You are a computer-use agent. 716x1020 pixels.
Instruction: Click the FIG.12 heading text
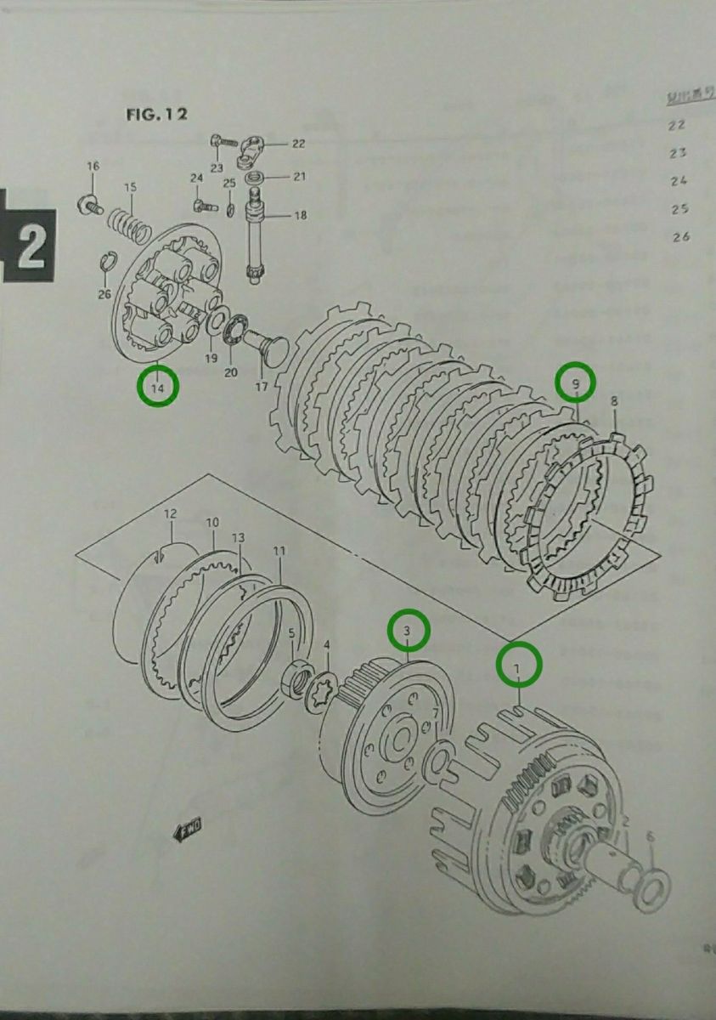[156, 115]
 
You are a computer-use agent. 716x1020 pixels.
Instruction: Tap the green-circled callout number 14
[157, 388]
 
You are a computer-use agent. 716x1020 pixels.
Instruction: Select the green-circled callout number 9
[576, 384]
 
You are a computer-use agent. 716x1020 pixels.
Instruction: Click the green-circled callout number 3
[409, 631]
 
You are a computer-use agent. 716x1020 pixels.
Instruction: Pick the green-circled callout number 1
[518, 664]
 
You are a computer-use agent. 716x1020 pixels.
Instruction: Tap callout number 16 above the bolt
[93, 165]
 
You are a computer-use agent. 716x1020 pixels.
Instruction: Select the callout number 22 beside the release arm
[298, 143]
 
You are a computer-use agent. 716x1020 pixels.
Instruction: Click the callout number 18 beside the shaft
[300, 216]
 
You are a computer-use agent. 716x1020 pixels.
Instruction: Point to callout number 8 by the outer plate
[614, 399]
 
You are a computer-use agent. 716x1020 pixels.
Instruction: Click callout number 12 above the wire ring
[170, 514]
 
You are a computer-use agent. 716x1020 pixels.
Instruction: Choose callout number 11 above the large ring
[279, 552]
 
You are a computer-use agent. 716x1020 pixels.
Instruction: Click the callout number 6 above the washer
[651, 837]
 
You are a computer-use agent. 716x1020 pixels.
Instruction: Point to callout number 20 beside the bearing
[230, 371]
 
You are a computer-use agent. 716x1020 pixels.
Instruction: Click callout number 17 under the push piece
[262, 387]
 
